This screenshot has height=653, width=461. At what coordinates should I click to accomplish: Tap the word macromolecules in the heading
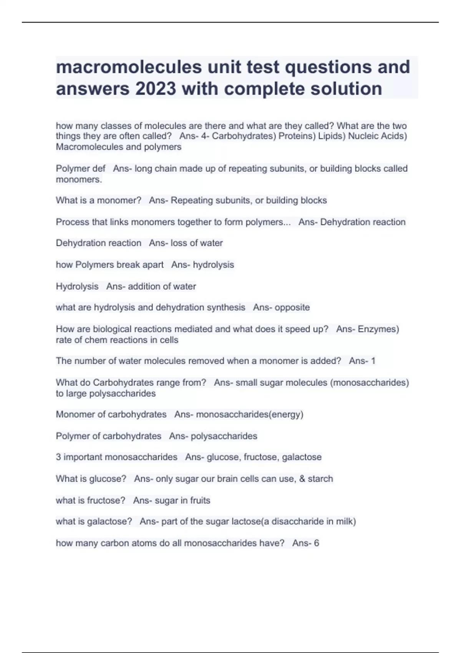[x=129, y=67]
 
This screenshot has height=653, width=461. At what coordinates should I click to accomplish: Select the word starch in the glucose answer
[x=320, y=479]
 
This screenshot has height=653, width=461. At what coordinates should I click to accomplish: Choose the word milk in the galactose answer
[x=345, y=521]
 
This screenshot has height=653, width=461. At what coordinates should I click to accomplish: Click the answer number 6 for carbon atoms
[x=317, y=543]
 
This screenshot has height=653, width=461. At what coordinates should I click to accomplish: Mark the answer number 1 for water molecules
[x=373, y=361]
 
